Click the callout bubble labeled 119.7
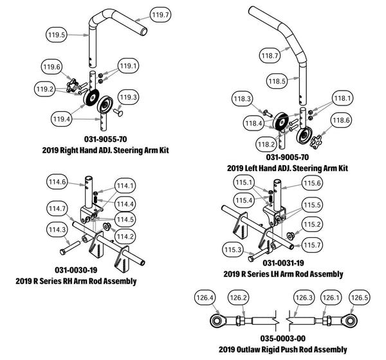pos(160,14)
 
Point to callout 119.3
pos(129,98)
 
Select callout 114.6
pos(57,183)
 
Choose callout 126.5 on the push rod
pos(359,298)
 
